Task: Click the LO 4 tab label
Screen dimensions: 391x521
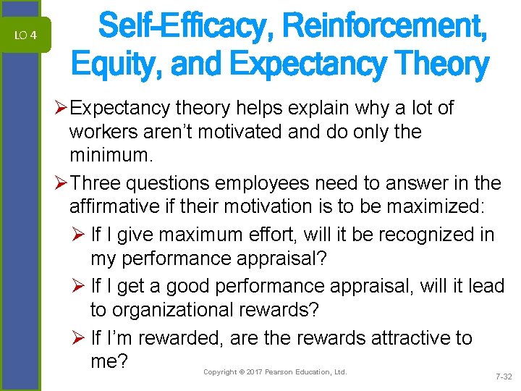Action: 25,35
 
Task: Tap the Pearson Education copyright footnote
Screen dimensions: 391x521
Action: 275,372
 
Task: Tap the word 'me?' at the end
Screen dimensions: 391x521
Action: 110,361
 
